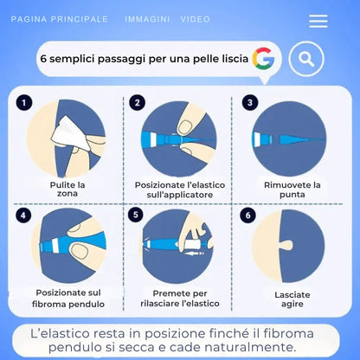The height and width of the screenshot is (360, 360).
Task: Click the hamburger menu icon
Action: (318, 21)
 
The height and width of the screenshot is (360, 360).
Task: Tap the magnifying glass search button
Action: (305, 60)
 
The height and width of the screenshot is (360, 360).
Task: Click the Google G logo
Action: (263, 59)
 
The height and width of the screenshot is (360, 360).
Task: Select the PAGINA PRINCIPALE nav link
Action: (59, 19)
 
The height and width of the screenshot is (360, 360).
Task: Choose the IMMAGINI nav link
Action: (147, 19)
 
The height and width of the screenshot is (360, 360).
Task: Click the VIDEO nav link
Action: (196, 19)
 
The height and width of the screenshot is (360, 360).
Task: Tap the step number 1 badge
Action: (24, 102)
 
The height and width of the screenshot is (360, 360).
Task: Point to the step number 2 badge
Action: (137, 102)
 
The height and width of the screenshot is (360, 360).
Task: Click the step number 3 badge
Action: (250, 102)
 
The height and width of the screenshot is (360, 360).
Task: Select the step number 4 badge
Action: (24, 215)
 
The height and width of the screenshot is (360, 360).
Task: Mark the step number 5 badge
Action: (137, 215)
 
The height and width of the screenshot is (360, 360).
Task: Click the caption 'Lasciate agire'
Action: (292, 299)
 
